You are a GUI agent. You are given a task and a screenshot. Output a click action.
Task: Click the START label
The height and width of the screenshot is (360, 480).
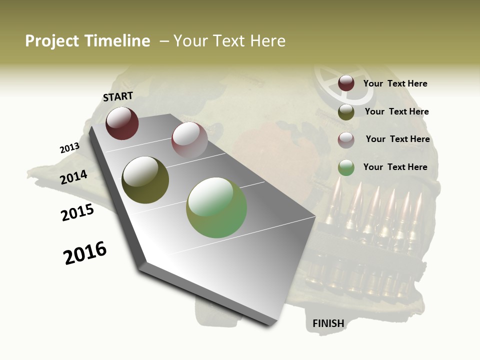[118, 96]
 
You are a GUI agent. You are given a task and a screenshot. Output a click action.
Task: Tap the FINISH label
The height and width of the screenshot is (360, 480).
[328, 323]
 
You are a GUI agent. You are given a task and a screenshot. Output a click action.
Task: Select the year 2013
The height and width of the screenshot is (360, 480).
[69, 148]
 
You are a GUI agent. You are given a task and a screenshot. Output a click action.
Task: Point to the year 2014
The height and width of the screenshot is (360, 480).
[73, 177]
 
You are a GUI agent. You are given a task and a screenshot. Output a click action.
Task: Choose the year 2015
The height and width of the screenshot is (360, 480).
[77, 212]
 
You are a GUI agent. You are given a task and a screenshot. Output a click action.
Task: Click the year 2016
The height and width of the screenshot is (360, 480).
[85, 253]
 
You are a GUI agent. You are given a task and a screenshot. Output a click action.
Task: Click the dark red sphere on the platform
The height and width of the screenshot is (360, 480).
[122, 123]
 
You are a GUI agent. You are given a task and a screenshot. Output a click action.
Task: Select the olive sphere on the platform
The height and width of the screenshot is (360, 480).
[145, 180]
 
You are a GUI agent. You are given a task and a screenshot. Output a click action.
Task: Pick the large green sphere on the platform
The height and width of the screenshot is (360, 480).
[216, 207]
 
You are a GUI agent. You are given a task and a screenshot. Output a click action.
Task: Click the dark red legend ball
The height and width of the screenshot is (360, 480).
[346, 83]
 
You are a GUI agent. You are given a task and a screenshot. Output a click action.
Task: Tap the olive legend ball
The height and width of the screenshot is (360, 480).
[346, 112]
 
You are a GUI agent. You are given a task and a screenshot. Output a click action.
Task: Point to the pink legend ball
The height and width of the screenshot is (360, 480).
[346, 139]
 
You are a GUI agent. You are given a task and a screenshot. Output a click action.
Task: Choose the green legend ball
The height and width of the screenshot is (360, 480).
[346, 167]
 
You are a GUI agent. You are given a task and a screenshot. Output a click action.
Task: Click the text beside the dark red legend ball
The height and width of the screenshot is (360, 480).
[395, 83]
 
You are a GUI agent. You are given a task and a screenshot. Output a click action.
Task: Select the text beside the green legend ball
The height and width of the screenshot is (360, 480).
[395, 167]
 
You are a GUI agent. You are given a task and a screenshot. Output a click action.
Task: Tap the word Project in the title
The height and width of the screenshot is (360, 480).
[51, 41]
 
